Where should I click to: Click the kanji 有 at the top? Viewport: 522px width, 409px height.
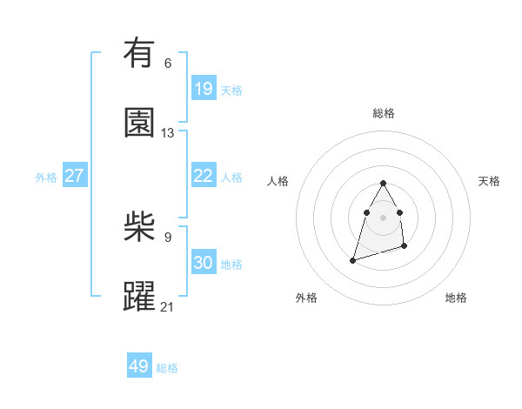(x=139, y=53)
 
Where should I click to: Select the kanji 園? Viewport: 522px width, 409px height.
(x=139, y=123)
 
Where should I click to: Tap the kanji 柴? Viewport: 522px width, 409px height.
(x=139, y=228)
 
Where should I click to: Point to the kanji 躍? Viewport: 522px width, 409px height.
(x=139, y=297)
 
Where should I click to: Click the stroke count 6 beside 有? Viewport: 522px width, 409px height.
(x=168, y=63)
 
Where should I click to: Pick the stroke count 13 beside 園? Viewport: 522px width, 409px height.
(x=168, y=133)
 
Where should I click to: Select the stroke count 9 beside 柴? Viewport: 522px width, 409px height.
(x=168, y=237)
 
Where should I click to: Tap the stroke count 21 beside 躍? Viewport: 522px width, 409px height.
(x=168, y=306)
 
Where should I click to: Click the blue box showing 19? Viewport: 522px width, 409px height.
(x=204, y=89)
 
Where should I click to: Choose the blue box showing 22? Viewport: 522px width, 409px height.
(x=204, y=176)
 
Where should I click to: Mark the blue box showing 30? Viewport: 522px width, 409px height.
(x=204, y=263)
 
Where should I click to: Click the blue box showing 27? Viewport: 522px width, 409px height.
(x=75, y=176)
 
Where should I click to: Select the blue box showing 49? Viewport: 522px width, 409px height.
(x=139, y=366)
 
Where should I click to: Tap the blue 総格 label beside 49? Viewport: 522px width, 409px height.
(x=167, y=368)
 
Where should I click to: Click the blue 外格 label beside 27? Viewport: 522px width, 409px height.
(x=46, y=178)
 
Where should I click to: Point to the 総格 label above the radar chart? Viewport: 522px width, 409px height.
(x=383, y=113)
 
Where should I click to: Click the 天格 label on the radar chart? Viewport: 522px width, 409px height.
(x=489, y=181)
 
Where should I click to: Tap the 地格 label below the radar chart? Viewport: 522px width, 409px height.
(x=456, y=298)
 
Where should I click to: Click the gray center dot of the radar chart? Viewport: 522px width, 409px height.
(x=383, y=216)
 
